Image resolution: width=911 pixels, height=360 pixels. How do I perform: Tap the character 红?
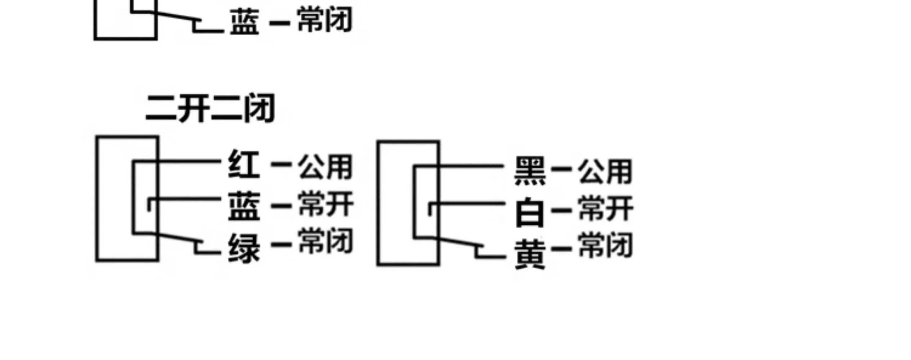tap(244, 164)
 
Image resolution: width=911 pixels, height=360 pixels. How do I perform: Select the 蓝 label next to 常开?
tap(244, 206)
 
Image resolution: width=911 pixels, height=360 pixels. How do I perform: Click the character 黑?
tap(530, 171)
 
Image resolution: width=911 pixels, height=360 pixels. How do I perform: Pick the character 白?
tap(529, 212)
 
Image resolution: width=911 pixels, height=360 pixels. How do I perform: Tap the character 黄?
tap(530, 255)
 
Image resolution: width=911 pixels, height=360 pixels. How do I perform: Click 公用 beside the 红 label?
tap(325, 167)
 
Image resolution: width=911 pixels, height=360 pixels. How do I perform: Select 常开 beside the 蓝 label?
tap(326, 204)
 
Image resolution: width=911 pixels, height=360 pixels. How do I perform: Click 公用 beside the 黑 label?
tap(605, 171)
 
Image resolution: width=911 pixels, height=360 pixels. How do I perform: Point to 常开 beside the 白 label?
tap(606, 208)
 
